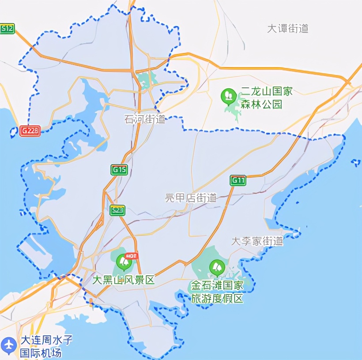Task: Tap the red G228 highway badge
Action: tap(30, 131)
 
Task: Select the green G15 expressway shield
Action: tap(119, 170)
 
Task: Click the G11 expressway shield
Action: tap(238, 180)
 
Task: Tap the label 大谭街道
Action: tap(288, 29)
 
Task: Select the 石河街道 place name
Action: tap(145, 119)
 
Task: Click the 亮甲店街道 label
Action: tap(191, 198)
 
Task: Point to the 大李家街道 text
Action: tap(257, 241)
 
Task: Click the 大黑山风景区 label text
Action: tap(124, 280)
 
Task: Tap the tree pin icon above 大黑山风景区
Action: tap(124, 262)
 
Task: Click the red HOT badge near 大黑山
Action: tap(132, 255)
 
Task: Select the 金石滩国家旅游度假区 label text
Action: tap(217, 292)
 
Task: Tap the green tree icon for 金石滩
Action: tap(216, 267)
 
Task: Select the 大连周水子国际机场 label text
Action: tap(46, 346)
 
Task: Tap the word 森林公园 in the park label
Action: tap(261, 104)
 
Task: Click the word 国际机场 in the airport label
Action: tap(41, 353)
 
